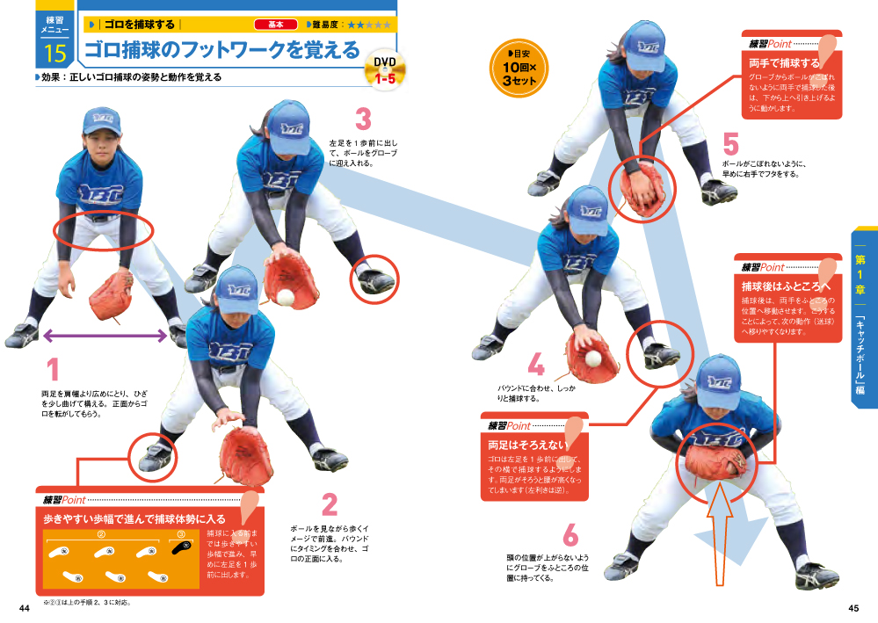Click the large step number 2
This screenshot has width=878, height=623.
330,503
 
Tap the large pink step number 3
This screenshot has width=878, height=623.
362,119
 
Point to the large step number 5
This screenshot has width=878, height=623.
730,142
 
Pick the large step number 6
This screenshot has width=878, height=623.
570,535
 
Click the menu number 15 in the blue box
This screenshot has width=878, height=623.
54,54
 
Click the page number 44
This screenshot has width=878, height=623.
25,608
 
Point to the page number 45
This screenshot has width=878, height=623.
853,608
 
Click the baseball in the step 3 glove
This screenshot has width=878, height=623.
287,297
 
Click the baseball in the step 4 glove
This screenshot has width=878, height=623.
594,359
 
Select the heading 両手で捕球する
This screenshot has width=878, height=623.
784,63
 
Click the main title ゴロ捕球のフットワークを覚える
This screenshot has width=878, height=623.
222,50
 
